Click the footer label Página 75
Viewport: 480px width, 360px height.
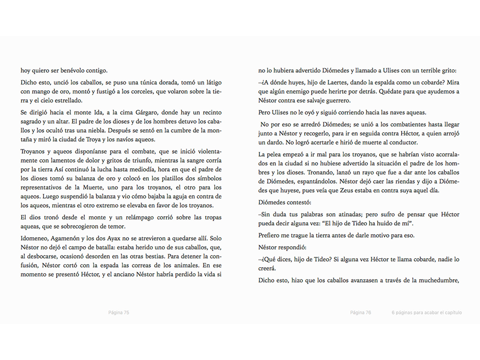(x=119, y=313)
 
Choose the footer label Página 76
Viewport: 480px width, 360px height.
(x=360, y=313)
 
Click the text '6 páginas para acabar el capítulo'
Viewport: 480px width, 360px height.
(x=427, y=313)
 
